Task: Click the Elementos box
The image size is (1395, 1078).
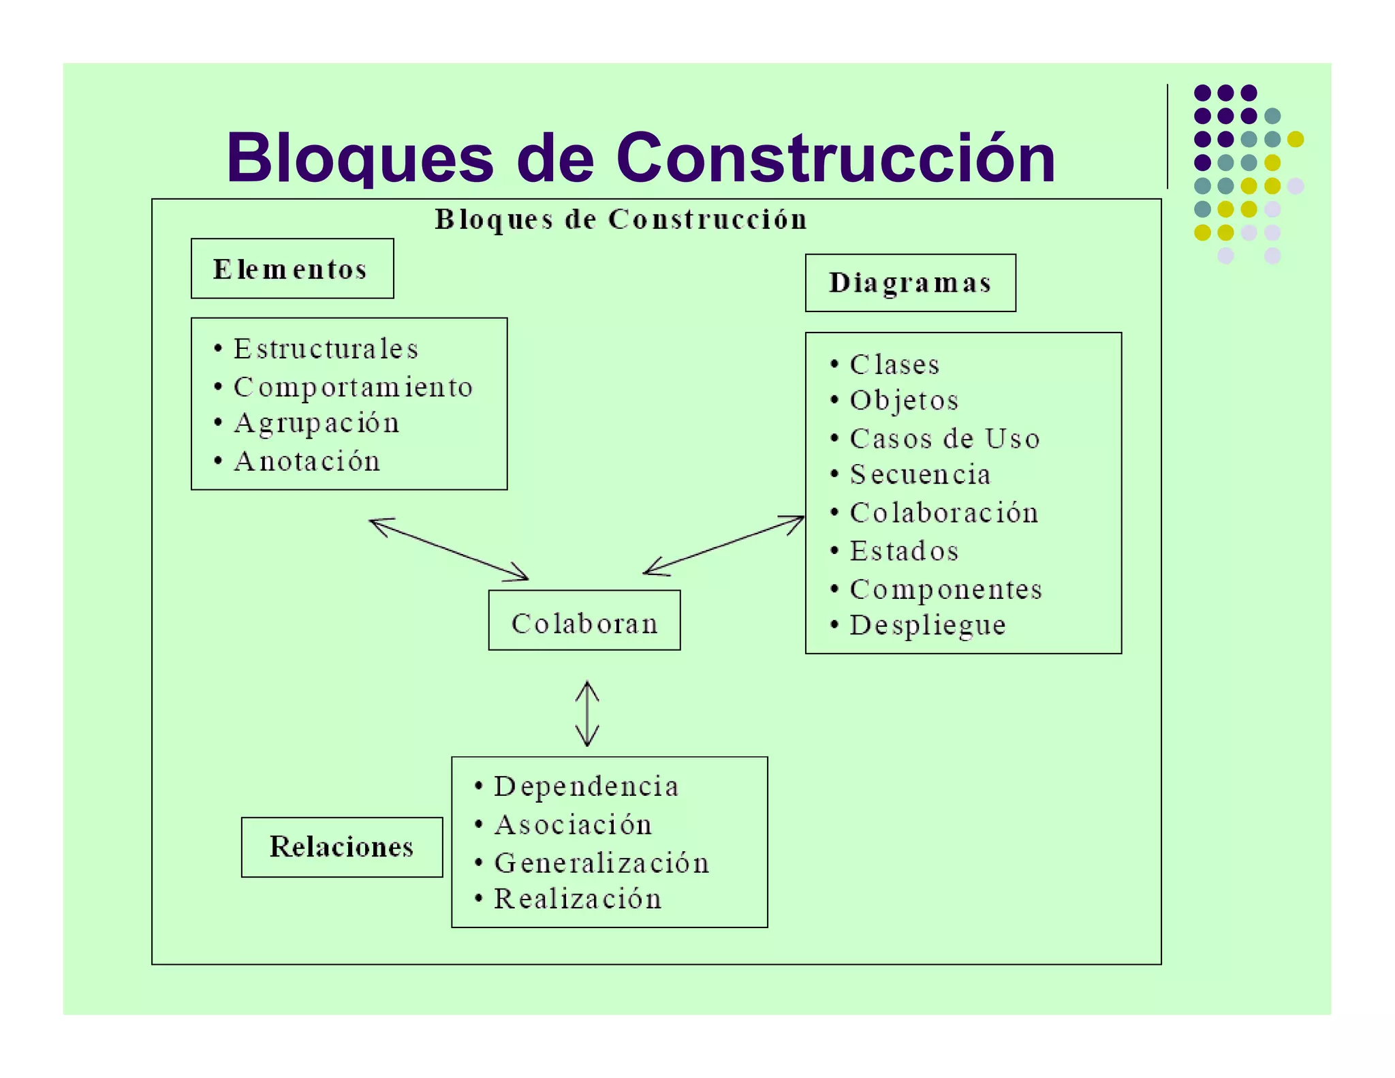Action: click(x=292, y=268)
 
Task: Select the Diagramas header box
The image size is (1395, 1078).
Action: click(x=910, y=283)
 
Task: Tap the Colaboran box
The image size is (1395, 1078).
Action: click(x=584, y=621)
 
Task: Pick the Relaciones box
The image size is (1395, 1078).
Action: click(x=342, y=847)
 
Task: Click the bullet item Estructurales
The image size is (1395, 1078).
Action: click(x=326, y=349)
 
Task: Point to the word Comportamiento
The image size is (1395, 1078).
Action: click(x=353, y=387)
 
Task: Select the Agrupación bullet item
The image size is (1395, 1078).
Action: click(x=317, y=423)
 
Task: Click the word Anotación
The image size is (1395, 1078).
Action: click(x=307, y=461)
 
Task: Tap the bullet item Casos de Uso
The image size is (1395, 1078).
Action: click(x=945, y=438)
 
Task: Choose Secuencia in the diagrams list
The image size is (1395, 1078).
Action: click(x=920, y=474)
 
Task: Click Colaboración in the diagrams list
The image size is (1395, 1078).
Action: click(x=944, y=512)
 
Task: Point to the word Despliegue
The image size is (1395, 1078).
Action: click(x=928, y=625)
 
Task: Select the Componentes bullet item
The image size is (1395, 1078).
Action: click(x=946, y=589)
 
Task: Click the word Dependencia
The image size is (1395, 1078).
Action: click(x=586, y=786)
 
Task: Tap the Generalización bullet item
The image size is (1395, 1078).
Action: click(x=601, y=863)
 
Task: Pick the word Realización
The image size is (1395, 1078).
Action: click(x=578, y=899)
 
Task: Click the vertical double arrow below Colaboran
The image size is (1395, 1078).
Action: click(x=587, y=714)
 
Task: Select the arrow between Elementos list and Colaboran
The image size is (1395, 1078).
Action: click(x=449, y=549)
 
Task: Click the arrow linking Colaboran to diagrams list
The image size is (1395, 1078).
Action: click(x=723, y=545)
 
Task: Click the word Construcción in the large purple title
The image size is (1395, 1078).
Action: click(x=835, y=158)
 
